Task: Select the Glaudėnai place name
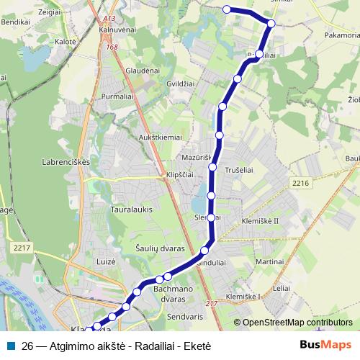pyautogui.click(x=143, y=71)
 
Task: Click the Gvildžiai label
pyautogui.click(x=182, y=84)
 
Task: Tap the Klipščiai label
pyautogui.click(x=180, y=175)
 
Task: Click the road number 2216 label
pyautogui.click(x=301, y=184)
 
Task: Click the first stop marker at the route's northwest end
pyautogui.click(x=227, y=9)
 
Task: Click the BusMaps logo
pyautogui.click(x=325, y=345)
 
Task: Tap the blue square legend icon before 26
pyautogui.click(x=11, y=345)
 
